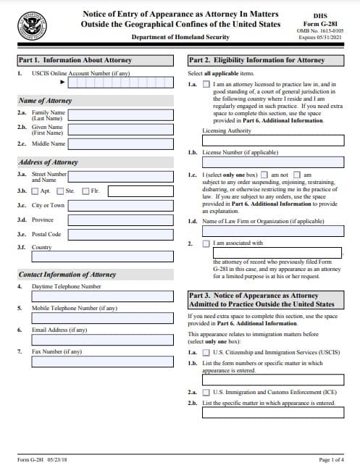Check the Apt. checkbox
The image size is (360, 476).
coord(35,191)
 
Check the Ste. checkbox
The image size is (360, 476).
coord(60,191)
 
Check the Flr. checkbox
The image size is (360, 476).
coord(86,191)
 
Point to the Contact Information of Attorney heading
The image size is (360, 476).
coord(67,275)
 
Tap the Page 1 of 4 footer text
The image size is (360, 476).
coord(332,460)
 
